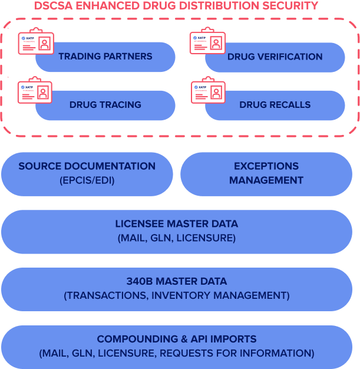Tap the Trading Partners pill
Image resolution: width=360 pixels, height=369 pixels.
pyautogui.click(x=105, y=57)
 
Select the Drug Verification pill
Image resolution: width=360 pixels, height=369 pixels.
pyautogui.click(x=275, y=57)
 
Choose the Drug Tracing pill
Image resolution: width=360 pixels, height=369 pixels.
pyautogui.click(x=105, y=105)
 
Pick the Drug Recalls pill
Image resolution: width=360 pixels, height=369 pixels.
pyautogui.click(x=275, y=105)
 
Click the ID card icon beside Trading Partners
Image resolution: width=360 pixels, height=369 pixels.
pyautogui.click(x=35, y=43)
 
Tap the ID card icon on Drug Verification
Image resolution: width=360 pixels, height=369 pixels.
pyautogui.click(x=207, y=43)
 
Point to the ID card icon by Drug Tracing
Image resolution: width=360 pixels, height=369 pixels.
pyautogui.click(x=35, y=91)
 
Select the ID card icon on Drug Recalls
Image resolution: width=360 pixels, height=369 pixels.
pyautogui.click(x=208, y=91)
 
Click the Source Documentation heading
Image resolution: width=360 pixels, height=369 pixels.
pyautogui.click(x=87, y=166)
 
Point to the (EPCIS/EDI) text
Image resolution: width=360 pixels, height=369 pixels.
pyautogui.click(x=87, y=180)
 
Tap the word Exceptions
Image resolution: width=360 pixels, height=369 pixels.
pyautogui.click(x=266, y=166)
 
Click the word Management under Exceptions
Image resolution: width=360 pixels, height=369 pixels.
pyautogui.click(x=266, y=180)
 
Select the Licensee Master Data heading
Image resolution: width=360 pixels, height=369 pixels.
pyautogui.click(x=177, y=224)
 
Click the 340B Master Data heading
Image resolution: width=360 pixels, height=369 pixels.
pyautogui.click(x=177, y=281)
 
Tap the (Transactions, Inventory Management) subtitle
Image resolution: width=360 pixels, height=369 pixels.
pyautogui.click(x=177, y=295)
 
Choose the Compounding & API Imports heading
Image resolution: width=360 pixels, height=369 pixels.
pyautogui.click(x=177, y=339)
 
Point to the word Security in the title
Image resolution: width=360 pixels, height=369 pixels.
pyautogui.click(x=289, y=6)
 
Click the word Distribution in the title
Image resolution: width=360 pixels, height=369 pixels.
pyautogui.click(x=216, y=6)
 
